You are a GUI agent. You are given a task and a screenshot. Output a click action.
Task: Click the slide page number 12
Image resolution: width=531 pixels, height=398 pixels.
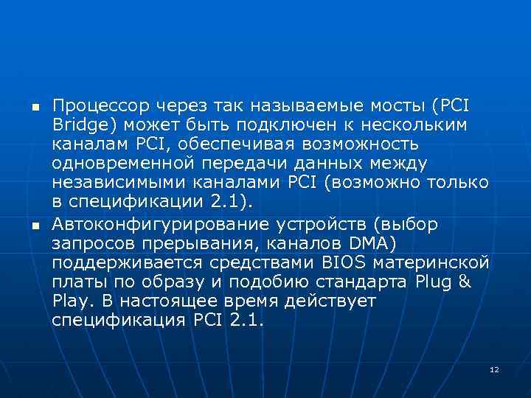tap(493, 369)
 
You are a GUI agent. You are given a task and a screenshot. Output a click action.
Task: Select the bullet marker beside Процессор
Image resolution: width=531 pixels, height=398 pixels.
tap(34, 106)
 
